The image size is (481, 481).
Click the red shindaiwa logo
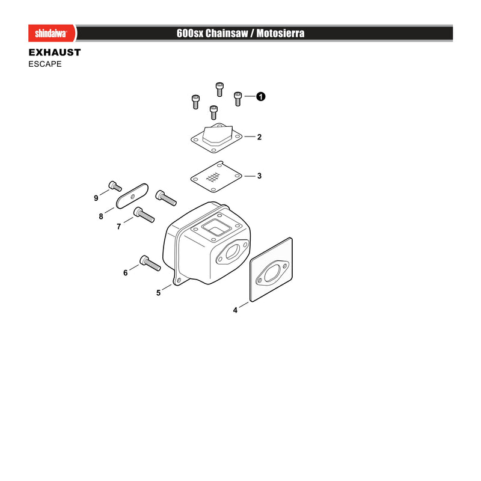[52, 33]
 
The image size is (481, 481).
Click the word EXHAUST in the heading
[55, 52]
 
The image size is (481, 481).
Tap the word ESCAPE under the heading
[45, 64]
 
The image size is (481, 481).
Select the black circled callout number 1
[260, 97]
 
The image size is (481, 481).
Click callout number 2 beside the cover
[259, 137]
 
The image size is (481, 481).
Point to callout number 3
[259, 176]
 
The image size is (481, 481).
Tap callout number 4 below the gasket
[235, 310]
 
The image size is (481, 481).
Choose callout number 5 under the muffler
[158, 293]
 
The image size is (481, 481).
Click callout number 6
[125, 273]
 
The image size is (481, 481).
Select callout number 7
[118, 227]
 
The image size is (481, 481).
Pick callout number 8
[100, 216]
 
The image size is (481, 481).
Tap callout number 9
[96, 198]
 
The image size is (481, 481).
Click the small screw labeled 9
[115, 186]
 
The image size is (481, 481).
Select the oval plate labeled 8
[132, 196]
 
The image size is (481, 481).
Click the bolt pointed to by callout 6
[150, 263]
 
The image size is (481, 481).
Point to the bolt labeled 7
[144, 215]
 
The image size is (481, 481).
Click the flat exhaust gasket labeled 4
[271, 269]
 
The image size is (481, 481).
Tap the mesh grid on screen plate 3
[213, 177]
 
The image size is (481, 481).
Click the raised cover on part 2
[218, 135]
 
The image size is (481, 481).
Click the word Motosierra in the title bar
[280, 33]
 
